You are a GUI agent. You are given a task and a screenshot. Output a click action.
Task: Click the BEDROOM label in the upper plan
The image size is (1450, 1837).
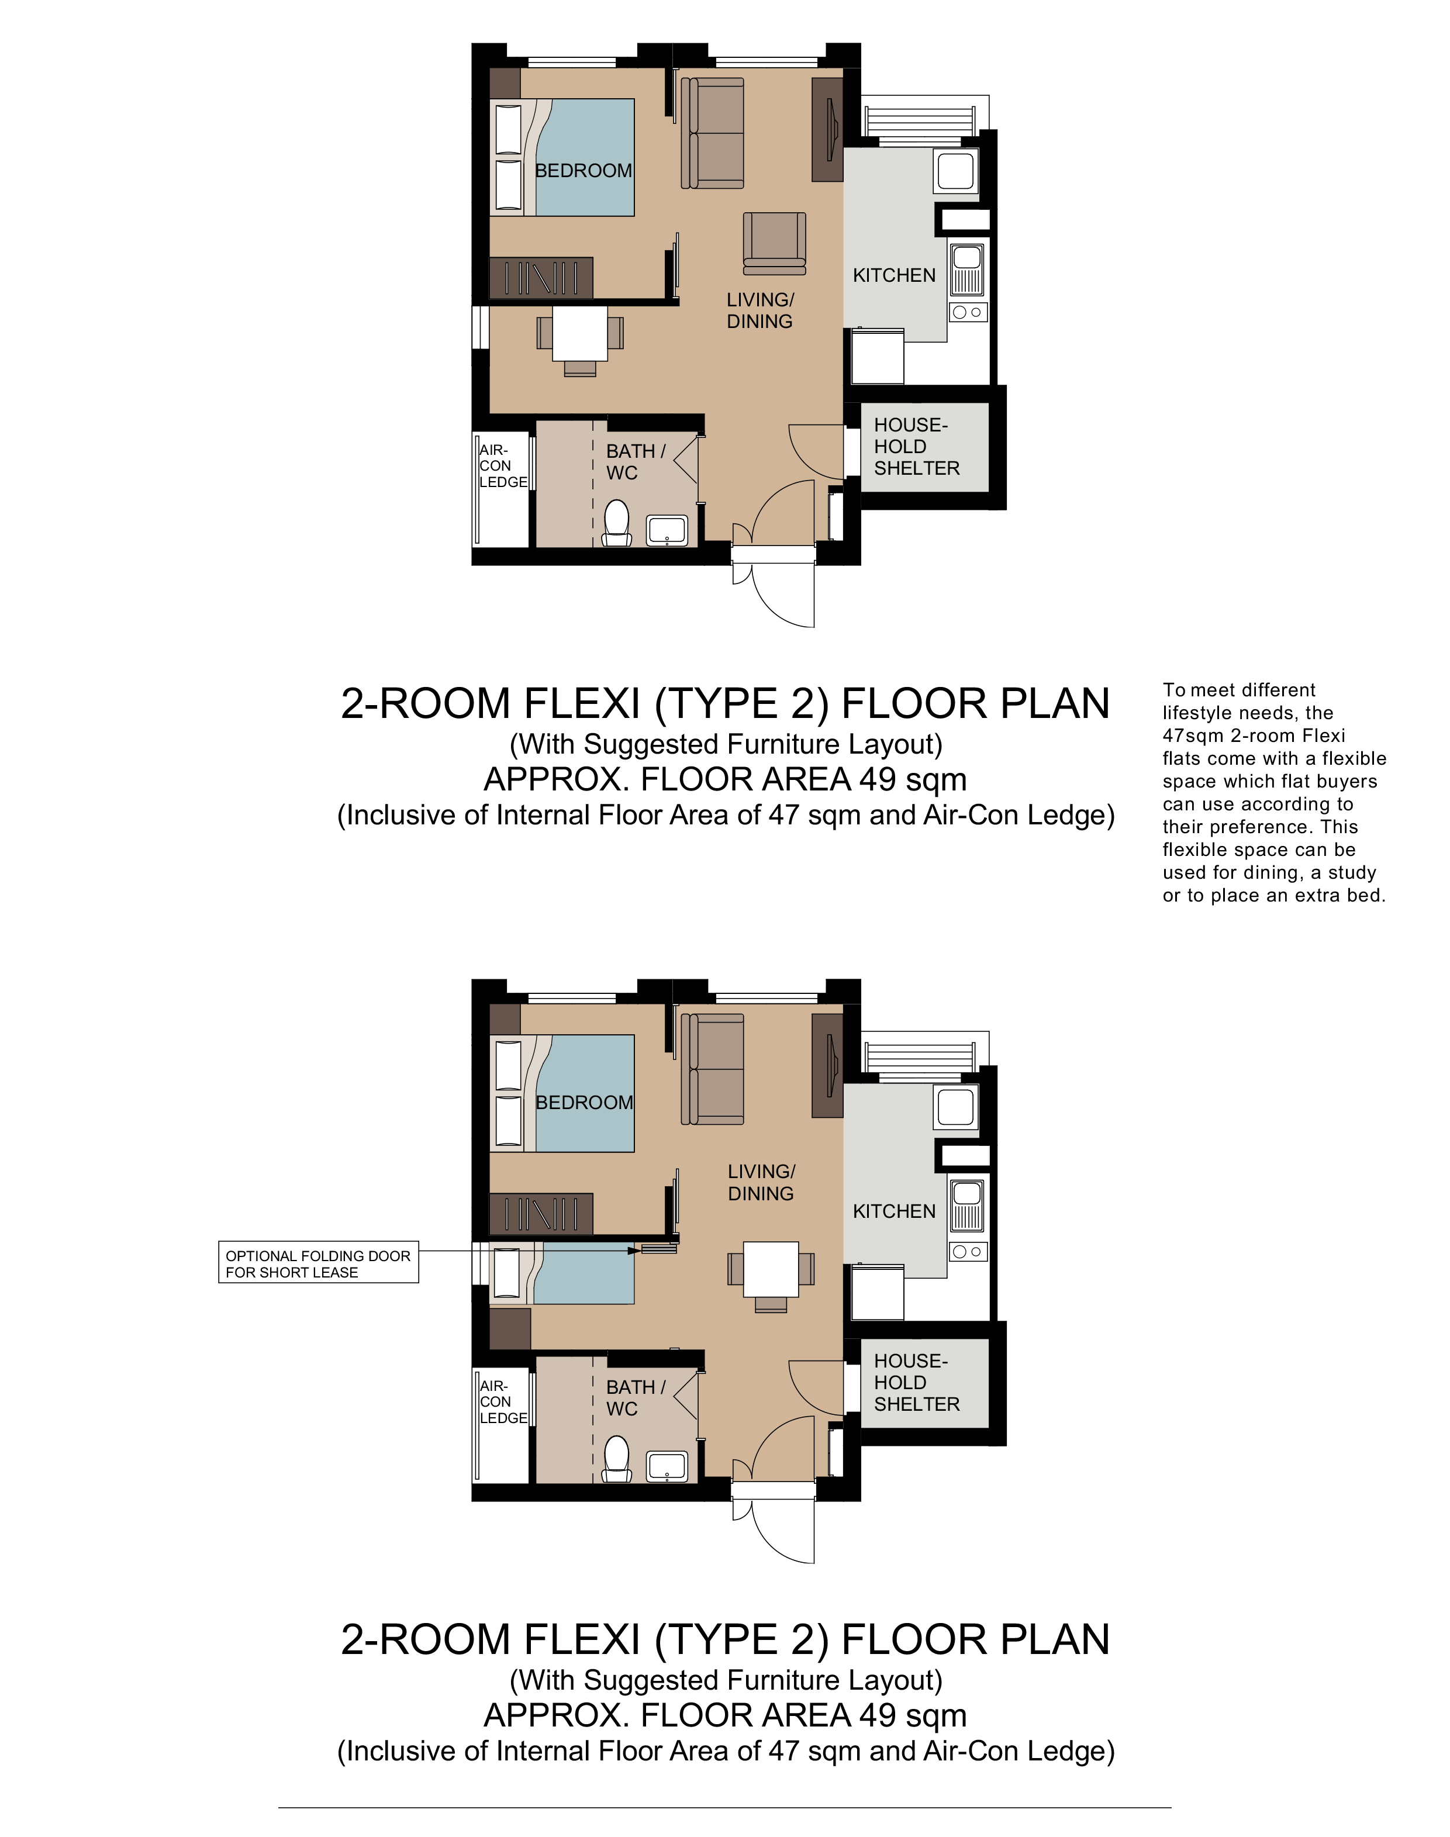(584, 171)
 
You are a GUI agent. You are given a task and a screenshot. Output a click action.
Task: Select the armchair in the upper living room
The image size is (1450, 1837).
(774, 244)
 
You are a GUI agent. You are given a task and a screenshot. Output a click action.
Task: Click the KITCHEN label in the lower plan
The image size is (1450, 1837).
(894, 1211)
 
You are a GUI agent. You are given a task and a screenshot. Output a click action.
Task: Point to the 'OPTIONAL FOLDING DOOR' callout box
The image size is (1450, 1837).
(318, 1264)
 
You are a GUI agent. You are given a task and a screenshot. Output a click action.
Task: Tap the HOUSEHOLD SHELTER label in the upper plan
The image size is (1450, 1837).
(916, 447)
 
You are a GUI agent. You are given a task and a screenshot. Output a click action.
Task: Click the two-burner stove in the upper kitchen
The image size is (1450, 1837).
(967, 312)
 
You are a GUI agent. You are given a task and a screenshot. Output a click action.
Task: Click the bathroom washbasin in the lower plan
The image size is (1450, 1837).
(667, 1467)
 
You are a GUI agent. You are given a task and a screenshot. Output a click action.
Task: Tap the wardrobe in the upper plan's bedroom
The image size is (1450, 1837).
(541, 278)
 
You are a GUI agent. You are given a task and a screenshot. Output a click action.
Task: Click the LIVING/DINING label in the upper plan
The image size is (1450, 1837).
(760, 310)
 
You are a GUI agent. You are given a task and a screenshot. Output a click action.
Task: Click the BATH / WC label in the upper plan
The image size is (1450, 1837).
(635, 462)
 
